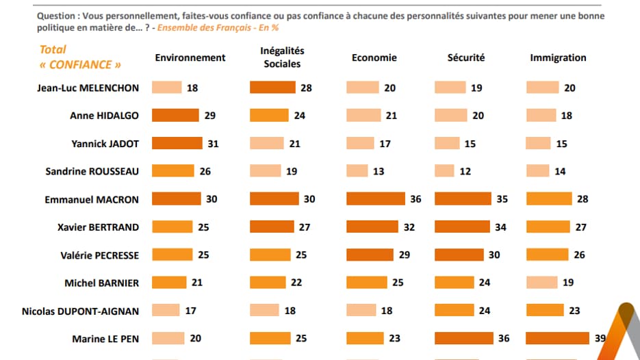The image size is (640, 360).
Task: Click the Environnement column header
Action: tap(190, 58)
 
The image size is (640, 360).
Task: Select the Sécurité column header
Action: tap(465, 58)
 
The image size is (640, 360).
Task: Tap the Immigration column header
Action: tap(558, 58)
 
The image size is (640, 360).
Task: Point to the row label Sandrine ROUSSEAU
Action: tap(92, 171)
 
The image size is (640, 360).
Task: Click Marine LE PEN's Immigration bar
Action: tap(557, 338)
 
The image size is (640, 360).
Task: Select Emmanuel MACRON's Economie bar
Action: tap(376, 199)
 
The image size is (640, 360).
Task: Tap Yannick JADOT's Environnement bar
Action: tap(176, 144)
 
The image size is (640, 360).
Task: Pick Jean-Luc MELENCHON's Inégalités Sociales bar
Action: tap(272, 88)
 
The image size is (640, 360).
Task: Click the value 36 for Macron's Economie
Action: tap(415, 199)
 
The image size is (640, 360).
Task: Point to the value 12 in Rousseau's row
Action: tap(465, 171)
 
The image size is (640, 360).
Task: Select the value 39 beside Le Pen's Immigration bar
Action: tap(600, 338)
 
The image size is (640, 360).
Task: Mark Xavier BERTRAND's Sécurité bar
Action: tap(461, 227)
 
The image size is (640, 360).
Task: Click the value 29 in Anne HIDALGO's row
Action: tap(210, 116)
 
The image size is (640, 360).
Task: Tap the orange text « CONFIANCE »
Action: tap(81, 65)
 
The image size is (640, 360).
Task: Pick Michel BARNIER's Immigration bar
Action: tap(541, 283)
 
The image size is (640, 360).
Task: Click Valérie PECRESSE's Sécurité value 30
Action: tap(494, 255)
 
